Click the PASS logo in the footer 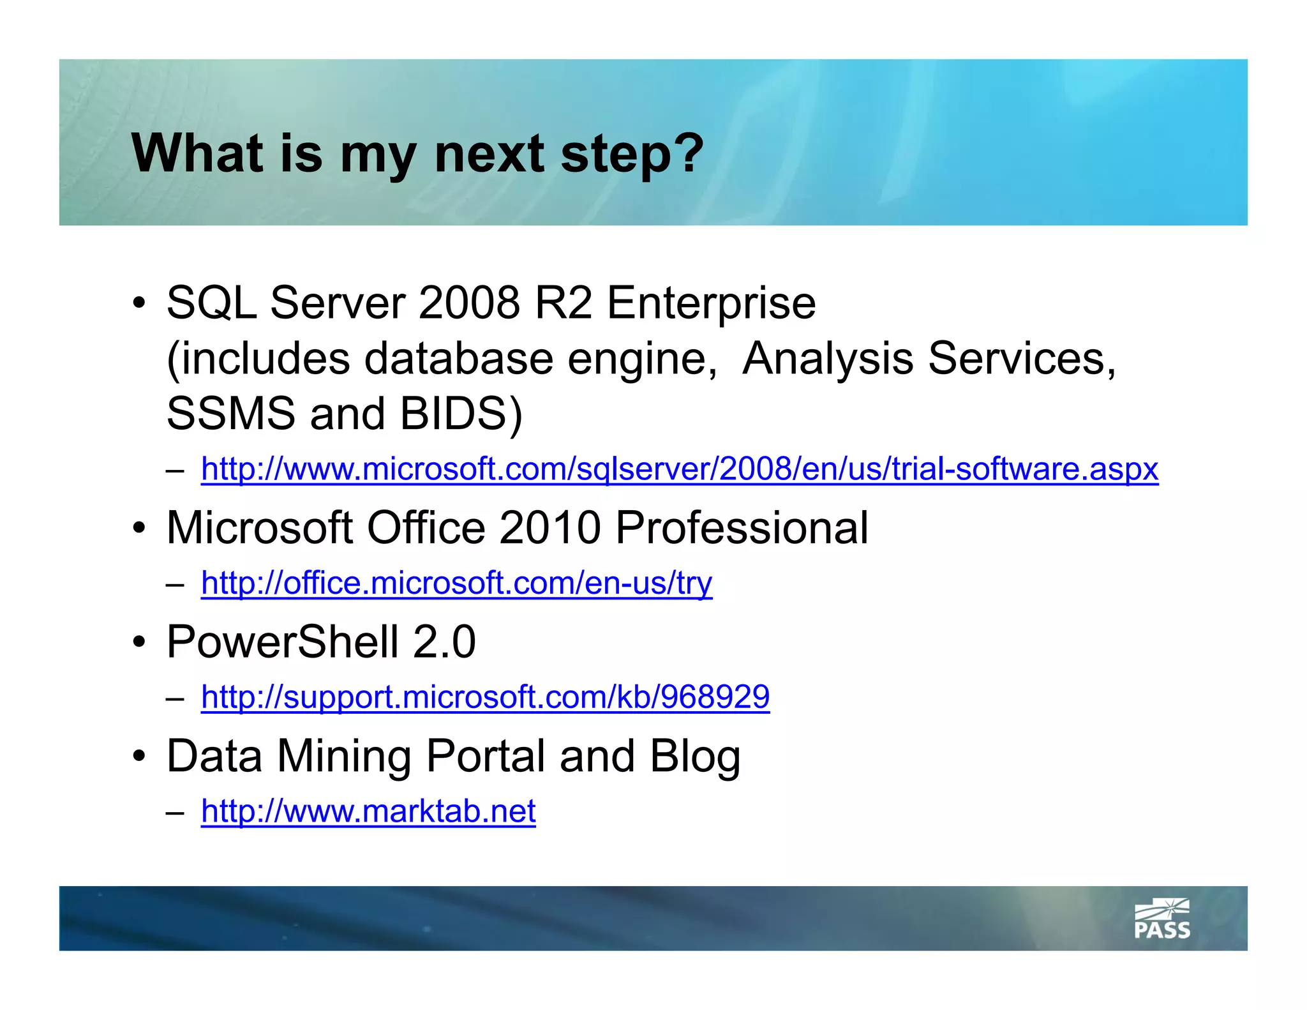(1161, 919)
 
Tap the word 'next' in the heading (489, 155)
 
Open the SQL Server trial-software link (679, 469)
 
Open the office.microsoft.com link (456, 583)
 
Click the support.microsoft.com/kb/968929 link (485, 697)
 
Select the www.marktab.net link (368, 811)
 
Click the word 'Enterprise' (711, 304)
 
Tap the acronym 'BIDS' (454, 414)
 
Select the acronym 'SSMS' (230, 414)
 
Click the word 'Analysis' (828, 359)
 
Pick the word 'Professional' (742, 528)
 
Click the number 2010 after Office (549, 528)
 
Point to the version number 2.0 (444, 642)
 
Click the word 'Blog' (694, 757)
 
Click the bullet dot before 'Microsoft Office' (139, 529)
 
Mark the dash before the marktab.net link (174, 813)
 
